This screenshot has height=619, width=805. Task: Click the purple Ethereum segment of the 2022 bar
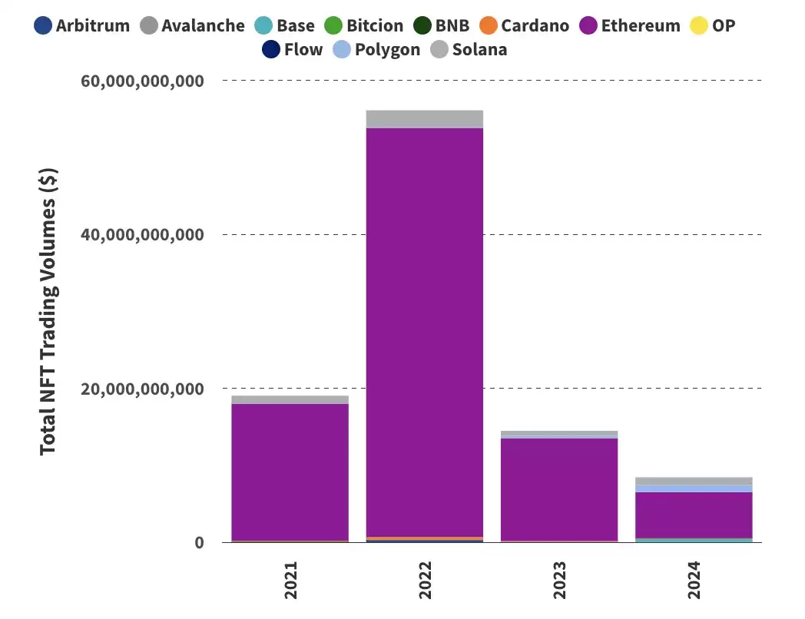click(x=425, y=332)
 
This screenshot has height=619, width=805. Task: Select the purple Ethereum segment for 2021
click(x=290, y=472)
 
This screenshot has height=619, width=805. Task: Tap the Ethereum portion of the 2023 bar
click(x=559, y=489)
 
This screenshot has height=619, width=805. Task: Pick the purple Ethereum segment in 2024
click(x=694, y=515)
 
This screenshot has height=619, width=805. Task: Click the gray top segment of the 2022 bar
click(x=425, y=119)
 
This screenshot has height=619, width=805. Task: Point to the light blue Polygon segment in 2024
click(x=694, y=488)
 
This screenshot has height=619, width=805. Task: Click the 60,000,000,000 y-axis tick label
click(x=142, y=81)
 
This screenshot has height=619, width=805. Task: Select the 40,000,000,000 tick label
click(x=142, y=234)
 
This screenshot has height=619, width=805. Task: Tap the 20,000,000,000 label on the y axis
click(x=142, y=389)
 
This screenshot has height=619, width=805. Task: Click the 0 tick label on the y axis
click(x=199, y=542)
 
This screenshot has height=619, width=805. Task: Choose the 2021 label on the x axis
click(x=290, y=580)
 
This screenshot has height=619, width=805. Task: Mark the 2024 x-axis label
click(x=694, y=580)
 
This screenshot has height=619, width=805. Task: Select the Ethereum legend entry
click(x=630, y=25)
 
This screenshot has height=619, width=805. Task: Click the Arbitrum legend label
click(x=93, y=25)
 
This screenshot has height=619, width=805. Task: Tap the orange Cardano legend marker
click(x=489, y=25)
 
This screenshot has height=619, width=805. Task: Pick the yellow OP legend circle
click(x=699, y=25)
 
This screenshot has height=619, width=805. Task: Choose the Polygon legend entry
click(x=376, y=50)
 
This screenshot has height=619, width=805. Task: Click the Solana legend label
click(x=479, y=50)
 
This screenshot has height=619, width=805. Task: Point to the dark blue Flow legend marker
click(x=271, y=50)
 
